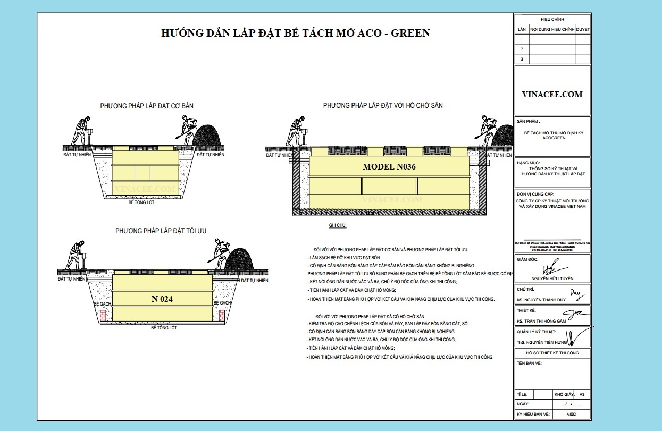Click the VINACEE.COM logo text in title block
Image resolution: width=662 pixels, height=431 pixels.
552,95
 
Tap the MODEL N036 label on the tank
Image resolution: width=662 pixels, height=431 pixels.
389,166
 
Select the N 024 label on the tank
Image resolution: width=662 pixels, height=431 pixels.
162,299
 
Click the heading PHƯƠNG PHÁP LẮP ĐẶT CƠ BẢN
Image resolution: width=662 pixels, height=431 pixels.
147,106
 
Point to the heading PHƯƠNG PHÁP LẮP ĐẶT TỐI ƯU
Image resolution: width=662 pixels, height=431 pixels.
161,231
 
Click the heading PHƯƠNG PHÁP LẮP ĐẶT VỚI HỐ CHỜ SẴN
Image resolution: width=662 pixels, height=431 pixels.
383,106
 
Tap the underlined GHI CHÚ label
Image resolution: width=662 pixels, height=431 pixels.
338,225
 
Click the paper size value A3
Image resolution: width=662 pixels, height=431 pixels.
582,395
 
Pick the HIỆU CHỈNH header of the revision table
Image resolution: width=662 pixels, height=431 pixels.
552,19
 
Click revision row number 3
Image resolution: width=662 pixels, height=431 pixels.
522,59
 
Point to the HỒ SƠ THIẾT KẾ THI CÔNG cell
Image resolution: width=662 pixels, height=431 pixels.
552,353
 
